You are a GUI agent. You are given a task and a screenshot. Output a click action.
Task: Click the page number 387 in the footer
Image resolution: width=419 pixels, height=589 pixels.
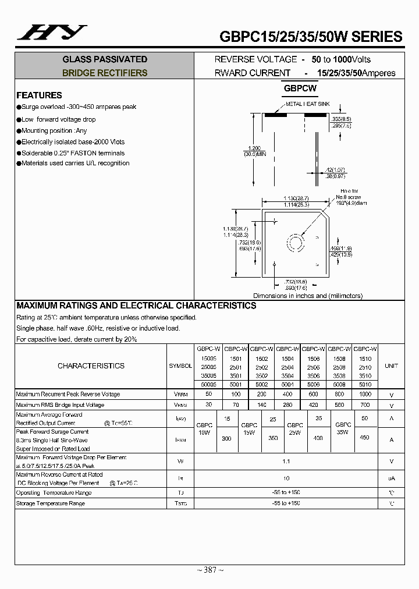210,570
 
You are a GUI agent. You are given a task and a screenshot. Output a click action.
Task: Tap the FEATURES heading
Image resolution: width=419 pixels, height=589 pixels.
39,95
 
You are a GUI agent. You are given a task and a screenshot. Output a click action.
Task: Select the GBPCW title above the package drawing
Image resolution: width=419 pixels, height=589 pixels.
300,89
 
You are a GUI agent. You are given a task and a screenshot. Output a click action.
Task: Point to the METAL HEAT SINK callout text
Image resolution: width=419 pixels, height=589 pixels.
307,104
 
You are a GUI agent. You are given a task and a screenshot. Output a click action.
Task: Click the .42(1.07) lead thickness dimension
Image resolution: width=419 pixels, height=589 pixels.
336,169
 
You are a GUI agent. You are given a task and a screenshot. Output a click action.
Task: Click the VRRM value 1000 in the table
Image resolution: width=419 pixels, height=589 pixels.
365,395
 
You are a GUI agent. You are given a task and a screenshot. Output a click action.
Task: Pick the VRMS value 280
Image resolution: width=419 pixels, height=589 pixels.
287,405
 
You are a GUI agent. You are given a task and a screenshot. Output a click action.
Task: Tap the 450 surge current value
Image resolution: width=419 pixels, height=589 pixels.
365,437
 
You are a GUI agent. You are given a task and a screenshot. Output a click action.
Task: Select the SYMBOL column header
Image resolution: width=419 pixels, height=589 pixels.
180,366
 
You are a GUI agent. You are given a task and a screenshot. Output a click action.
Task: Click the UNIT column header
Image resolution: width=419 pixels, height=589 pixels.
392,366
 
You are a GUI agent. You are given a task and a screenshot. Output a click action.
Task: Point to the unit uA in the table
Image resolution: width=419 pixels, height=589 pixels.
392,478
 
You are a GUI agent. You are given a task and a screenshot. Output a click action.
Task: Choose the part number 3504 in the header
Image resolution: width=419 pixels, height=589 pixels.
287,376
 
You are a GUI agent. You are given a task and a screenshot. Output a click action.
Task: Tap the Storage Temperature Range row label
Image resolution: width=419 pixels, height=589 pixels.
50,503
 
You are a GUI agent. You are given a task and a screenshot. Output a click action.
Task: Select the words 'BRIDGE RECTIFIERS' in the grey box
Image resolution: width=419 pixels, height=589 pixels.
105,73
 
